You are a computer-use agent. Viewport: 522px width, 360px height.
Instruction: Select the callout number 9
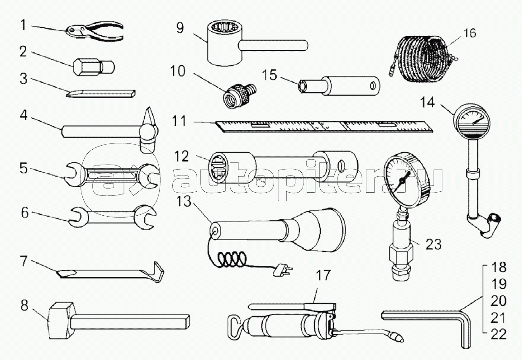coord(180,28)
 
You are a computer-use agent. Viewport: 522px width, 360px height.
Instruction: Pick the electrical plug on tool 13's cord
coord(283,270)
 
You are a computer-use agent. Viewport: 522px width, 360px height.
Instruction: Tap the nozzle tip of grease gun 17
coord(399,338)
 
